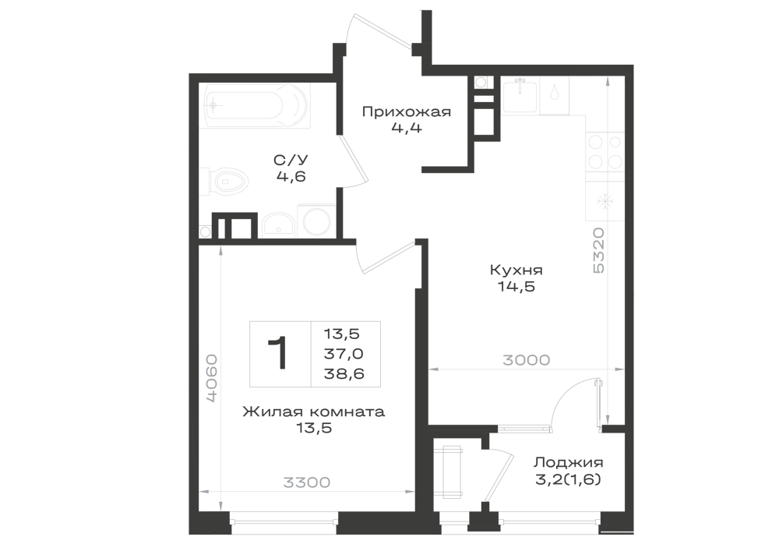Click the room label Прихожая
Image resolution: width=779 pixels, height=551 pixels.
407,111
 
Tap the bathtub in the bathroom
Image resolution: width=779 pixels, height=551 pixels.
255,105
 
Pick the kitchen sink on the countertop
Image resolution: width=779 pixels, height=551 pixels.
520,95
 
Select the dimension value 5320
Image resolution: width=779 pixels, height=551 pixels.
598,250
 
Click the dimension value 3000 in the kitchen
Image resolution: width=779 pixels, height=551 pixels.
526,360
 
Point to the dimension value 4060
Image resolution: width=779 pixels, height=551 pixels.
212,378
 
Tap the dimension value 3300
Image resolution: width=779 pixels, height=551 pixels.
306,482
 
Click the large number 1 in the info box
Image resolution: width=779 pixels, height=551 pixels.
278,353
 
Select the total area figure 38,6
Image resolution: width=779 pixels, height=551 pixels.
344,373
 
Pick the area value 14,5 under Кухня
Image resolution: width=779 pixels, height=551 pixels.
516,287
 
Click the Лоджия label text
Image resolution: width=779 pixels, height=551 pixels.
569,463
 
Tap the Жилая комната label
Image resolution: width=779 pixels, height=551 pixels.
313,411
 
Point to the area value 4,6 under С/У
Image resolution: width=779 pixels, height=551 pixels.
291,176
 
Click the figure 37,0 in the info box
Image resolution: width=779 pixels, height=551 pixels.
344,354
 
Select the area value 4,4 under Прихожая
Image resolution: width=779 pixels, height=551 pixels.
407,128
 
